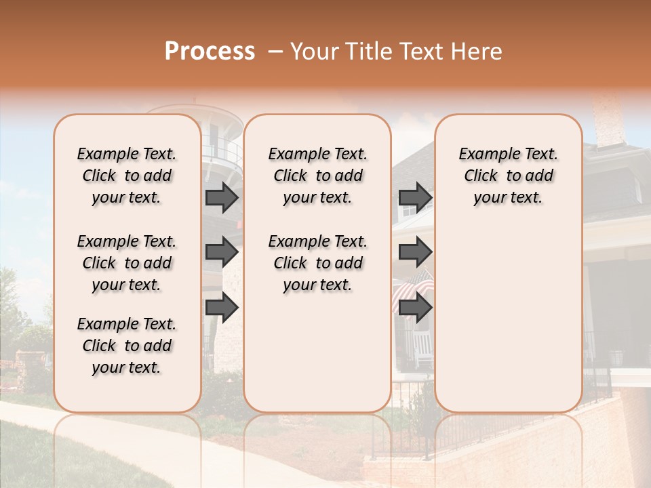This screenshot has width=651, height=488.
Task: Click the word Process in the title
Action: point(210,52)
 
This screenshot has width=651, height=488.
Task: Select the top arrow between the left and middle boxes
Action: point(222,197)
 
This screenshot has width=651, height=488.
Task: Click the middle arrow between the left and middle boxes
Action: point(222,252)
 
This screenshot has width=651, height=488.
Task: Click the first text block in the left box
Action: point(127,176)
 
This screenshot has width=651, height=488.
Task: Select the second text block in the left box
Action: point(127,263)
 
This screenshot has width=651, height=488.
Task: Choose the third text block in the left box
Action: point(127,346)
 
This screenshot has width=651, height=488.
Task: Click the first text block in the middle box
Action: point(317,176)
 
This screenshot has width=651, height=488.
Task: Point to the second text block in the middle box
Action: point(317,263)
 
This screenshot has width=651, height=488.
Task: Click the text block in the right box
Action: point(508,176)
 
